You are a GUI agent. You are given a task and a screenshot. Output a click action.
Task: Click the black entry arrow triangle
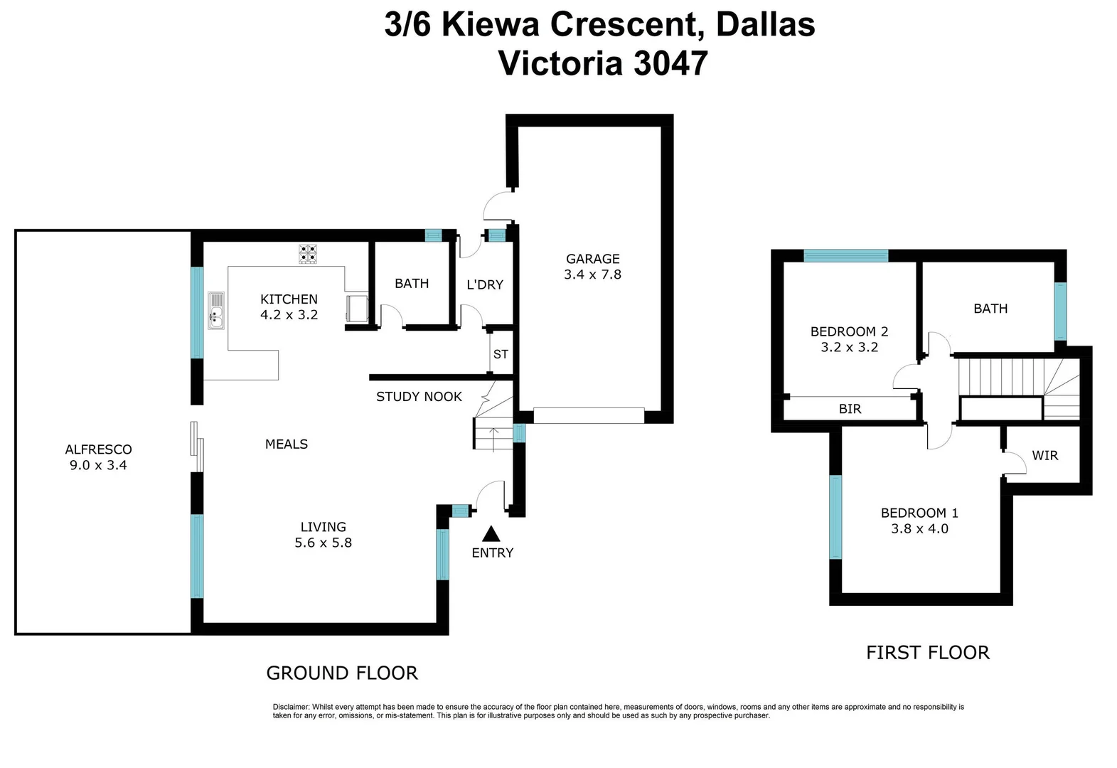(x=491, y=534)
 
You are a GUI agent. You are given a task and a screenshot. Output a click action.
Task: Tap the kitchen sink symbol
(x=216, y=311)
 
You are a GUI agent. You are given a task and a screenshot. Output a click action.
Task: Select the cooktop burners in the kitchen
(x=308, y=254)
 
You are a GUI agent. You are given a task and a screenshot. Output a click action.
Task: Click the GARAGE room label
(x=592, y=259)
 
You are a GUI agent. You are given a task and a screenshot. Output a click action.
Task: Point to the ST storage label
(x=501, y=354)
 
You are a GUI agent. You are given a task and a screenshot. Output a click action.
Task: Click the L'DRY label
(x=485, y=284)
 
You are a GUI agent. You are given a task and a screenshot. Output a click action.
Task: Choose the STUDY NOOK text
(x=419, y=397)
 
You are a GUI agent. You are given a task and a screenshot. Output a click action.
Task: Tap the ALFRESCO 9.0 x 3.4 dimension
(x=98, y=466)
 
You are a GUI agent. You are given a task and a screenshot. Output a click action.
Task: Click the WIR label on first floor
(x=1044, y=455)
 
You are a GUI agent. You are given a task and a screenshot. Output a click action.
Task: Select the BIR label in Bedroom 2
(x=850, y=409)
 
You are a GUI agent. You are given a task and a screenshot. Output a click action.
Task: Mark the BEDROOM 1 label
(x=919, y=513)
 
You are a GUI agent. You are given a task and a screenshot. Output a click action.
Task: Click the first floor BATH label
(x=990, y=309)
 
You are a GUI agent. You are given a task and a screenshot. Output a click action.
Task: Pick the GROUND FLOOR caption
(x=342, y=673)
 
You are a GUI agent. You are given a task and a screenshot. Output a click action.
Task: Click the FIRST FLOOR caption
(x=927, y=653)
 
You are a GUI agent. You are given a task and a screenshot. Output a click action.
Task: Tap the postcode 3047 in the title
(x=670, y=63)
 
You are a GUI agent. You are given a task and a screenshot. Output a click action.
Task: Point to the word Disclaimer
(x=291, y=707)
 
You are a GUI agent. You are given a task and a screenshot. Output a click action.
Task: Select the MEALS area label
(x=287, y=444)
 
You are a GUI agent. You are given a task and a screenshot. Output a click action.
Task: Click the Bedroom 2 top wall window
(x=845, y=256)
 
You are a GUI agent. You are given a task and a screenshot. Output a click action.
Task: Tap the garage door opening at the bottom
(x=589, y=415)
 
